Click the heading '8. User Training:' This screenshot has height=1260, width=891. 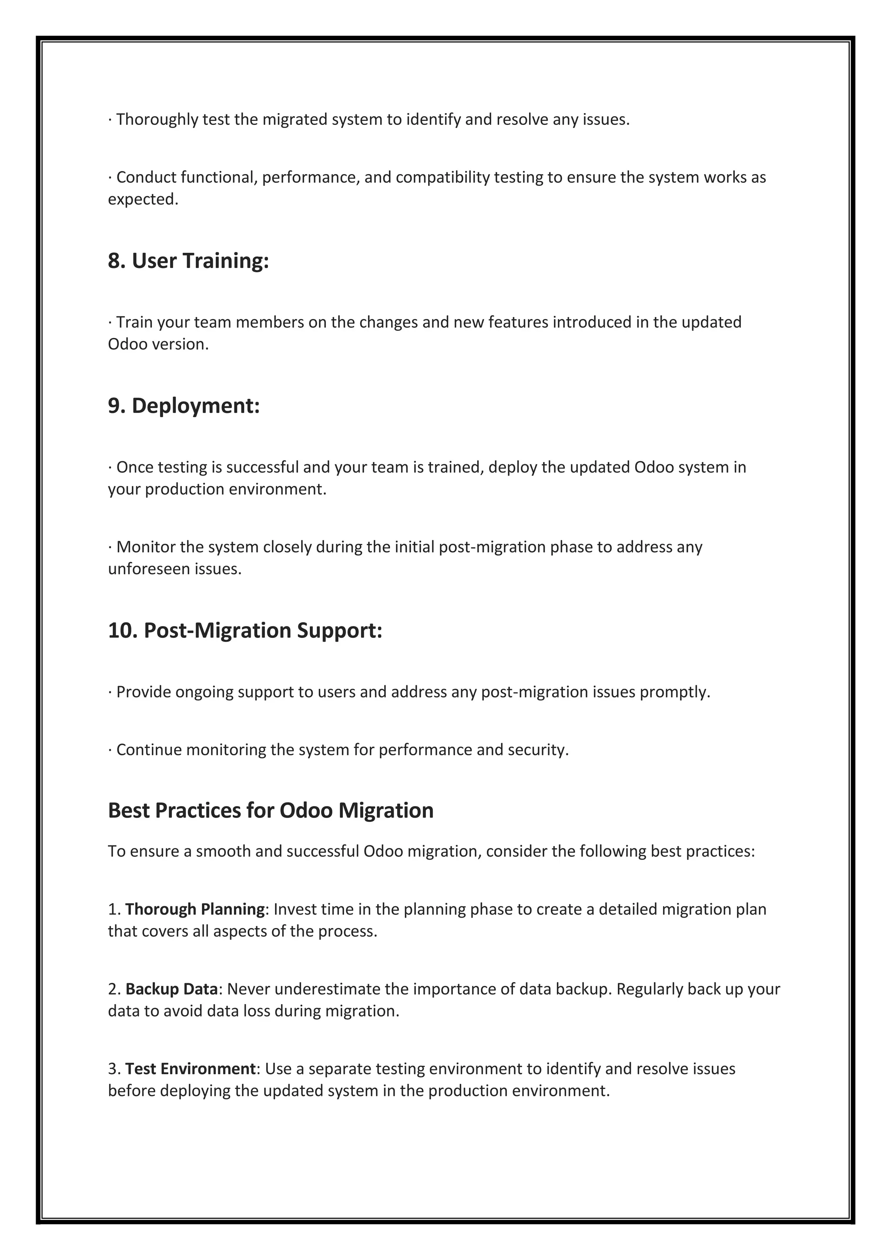pyautogui.click(x=188, y=261)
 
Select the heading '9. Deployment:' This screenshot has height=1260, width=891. pyautogui.click(x=183, y=405)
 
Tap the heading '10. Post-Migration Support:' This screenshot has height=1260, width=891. pyautogui.click(x=245, y=630)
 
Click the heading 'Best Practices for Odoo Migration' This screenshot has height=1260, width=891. pyautogui.click(x=271, y=810)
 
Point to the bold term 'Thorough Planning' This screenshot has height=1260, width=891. pyautogui.click(x=195, y=909)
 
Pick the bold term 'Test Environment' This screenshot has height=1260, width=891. pyautogui.click(x=190, y=1069)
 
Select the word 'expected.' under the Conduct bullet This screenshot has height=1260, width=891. pyautogui.click(x=143, y=199)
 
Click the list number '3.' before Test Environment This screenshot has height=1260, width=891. pyautogui.click(x=114, y=1069)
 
